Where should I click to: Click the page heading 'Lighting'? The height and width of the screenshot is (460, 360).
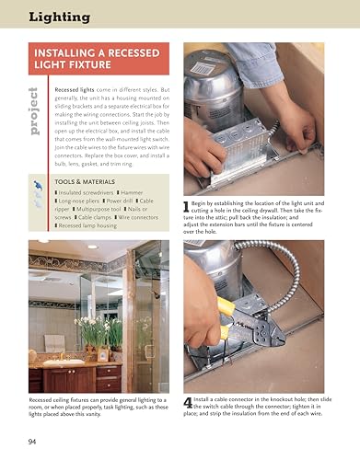[60, 16]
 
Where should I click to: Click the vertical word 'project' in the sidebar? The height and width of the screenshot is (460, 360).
[33, 110]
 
